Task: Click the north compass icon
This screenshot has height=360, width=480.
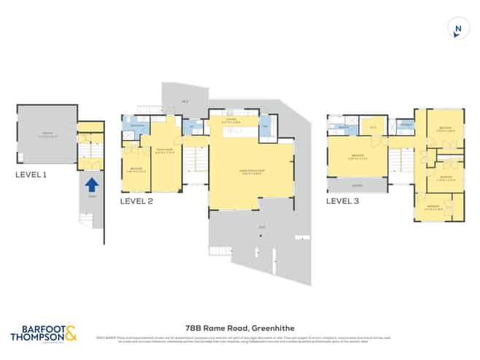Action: pyautogui.click(x=457, y=30)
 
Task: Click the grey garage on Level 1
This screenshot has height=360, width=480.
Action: pyautogui.click(x=47, y=135)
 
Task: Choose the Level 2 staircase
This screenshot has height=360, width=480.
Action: pyautogui.click(x=195, y=165)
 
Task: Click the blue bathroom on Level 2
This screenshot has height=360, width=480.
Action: pyautogui.click(x=138, y=126)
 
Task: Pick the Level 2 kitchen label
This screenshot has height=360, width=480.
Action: pyautogui.click(x=234, y=122)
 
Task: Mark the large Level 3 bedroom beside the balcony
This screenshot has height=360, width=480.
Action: pyautogui.click(x=357, y=156)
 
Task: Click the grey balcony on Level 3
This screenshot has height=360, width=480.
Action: pyautogui.click(x=357, y=185)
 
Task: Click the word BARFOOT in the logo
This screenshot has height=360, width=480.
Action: pyautogui.click(x=35, y=329)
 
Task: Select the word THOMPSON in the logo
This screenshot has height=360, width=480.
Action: pyautogui.click(x=36, y=338)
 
